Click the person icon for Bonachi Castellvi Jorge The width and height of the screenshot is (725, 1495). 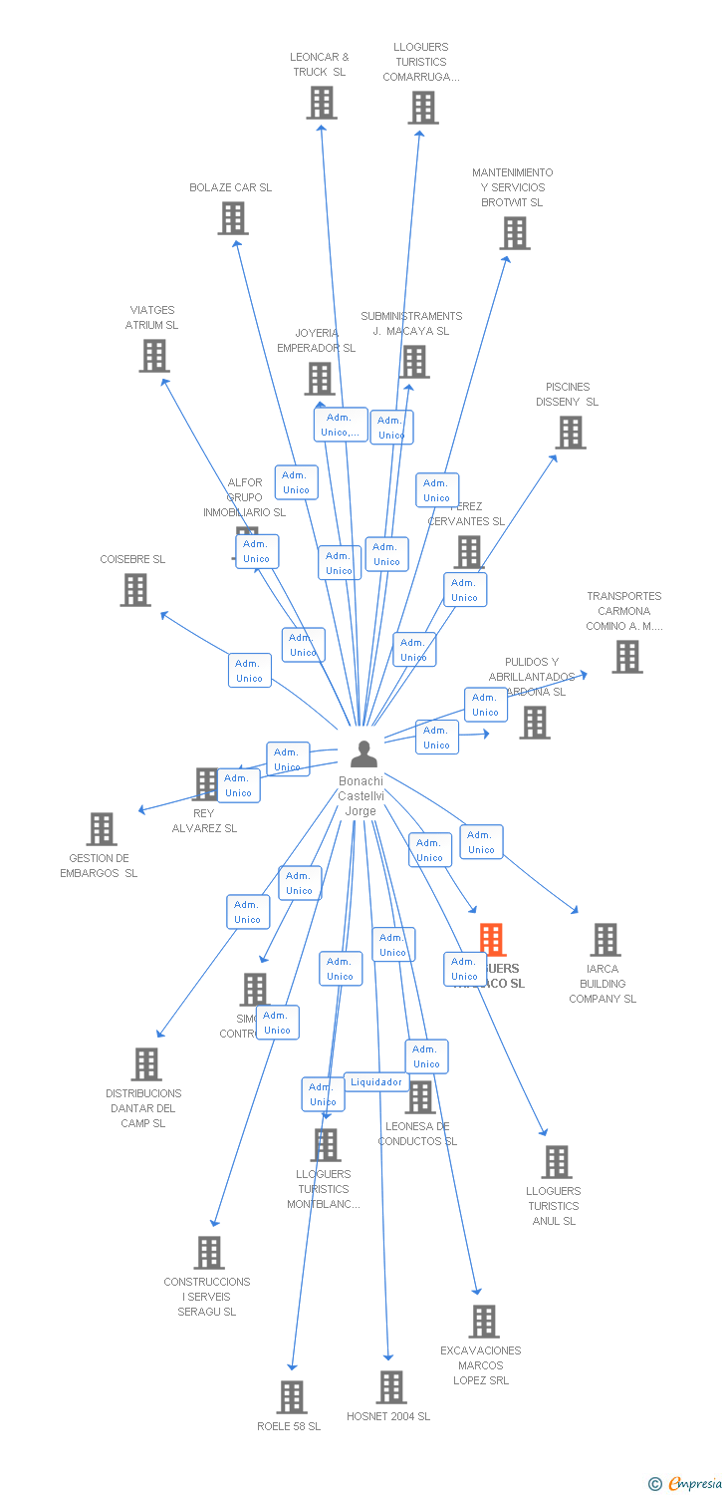click(363, 753)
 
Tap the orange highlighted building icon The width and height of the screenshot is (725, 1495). click(492, 940)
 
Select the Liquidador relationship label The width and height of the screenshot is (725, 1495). click(376, 1082)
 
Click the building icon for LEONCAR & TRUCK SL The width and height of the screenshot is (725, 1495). click(321, 103)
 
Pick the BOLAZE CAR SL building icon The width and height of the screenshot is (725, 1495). click(232, 218)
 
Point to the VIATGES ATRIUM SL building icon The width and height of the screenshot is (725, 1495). click(153, 356)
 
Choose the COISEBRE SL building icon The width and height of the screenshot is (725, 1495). click(134, 590)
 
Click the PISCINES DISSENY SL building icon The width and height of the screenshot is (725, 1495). click(570, 433)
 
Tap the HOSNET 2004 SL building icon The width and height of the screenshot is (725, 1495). click(390, 1387)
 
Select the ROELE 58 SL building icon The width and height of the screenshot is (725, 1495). click(291, 1397)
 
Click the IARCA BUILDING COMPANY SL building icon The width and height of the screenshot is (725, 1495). click(604, 940)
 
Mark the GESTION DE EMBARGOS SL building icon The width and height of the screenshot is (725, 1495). click(101, 829)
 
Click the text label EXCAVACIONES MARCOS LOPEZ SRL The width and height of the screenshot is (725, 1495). click(481, 1365)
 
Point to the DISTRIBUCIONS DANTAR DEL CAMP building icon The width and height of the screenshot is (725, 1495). click(145, 1064)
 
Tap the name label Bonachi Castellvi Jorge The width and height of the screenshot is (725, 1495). click(361, 795)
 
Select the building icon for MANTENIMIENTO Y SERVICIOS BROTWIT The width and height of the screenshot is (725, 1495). click(514, 233)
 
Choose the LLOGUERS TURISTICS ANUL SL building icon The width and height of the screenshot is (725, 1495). click(556, 1162)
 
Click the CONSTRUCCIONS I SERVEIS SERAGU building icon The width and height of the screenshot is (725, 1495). click(208, 1253)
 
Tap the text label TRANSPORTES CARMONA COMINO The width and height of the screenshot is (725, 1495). click(624, 611)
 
